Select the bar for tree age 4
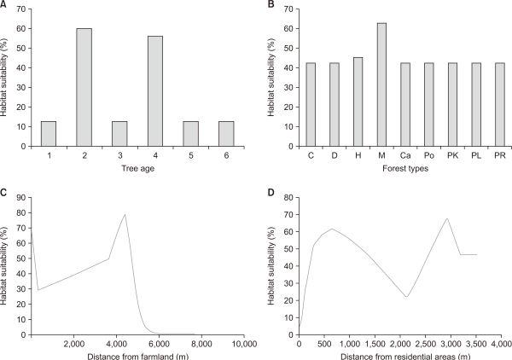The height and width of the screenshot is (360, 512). click(155, 89)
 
